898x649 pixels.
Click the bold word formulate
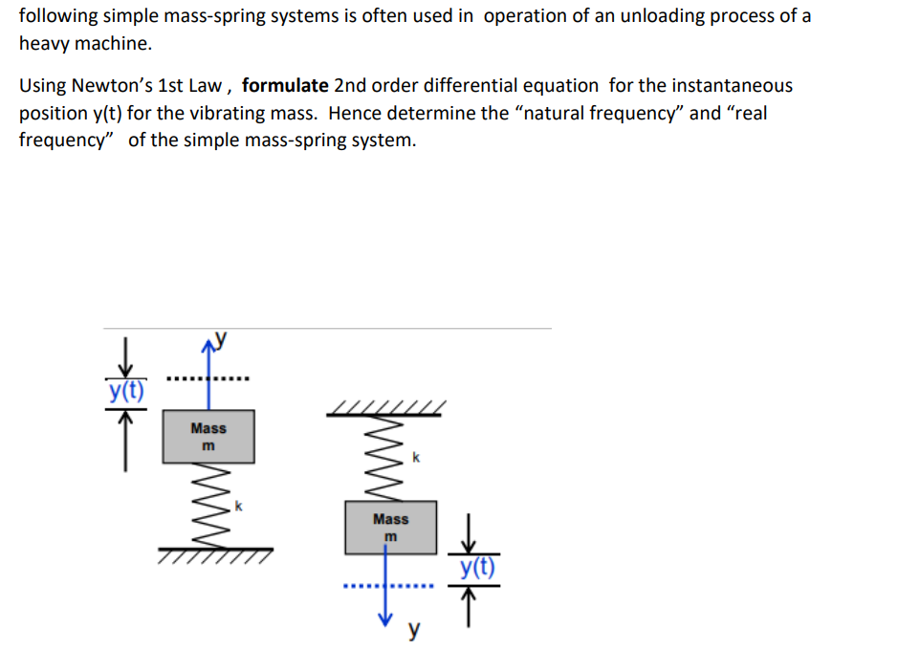pyautogui.click(x=285, y=85)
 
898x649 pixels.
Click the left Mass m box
pyautogui.click(x=208, y=437)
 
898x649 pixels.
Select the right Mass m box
pyautogui.click(x=390, y=528)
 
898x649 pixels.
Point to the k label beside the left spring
pyautogui.click(x=239, y=506)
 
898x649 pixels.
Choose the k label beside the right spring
pyautogui.click(x=416, y=457)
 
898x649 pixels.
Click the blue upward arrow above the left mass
pyautogui.click(x=208, y=375)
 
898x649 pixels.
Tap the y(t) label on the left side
pyautogui.click(x=126, y=391)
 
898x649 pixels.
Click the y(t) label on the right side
pyautogui.click(x=477, y=567)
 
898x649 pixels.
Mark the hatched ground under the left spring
pyautogui.click(x=216, y=555)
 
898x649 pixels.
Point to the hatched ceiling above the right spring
pyautogui.click(x=386, y=408)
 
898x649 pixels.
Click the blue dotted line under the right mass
pyautogui.click(x=388, y=586)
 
